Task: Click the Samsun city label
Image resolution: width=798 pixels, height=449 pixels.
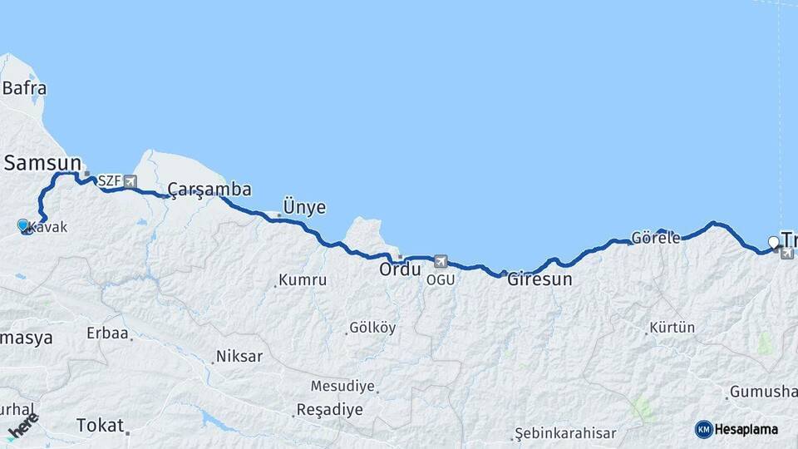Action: [42, 163]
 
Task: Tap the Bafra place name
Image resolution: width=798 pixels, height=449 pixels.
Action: [24, 88]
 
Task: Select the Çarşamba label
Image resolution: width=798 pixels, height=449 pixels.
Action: [209, 190]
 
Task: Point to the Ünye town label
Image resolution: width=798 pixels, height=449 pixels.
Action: [304, 207]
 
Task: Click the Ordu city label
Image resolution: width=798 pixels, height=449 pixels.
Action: [397, 270]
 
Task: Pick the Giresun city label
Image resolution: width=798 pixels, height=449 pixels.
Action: [539, 279]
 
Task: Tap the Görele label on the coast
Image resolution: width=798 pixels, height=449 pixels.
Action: [655, 237]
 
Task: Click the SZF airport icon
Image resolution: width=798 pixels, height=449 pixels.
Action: [131, 180]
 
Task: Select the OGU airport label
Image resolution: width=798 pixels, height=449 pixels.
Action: [441, 279]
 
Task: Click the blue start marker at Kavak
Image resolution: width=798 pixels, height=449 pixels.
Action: [23, 225]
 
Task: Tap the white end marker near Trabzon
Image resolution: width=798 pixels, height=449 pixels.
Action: [774, 243]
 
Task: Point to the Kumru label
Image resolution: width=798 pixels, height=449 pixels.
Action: [303, 280]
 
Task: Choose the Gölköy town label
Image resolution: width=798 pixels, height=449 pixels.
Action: [372, 328]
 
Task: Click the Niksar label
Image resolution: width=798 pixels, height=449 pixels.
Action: [239, 357]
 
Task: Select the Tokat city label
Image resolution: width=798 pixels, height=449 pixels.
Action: [100, 425]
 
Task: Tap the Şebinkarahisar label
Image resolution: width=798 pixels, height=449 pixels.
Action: [566, 433]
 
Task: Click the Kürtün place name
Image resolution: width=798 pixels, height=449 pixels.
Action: [672, 328]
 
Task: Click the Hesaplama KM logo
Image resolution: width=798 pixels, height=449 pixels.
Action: [736, 429]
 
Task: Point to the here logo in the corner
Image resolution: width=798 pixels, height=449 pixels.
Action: [22, 426]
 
